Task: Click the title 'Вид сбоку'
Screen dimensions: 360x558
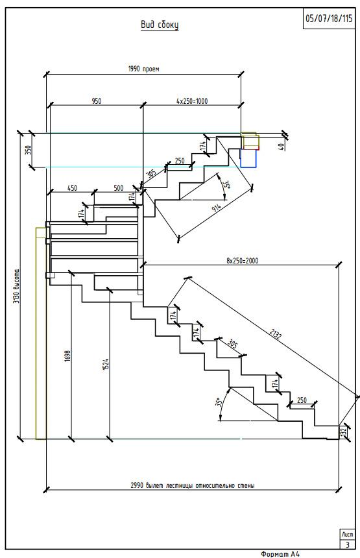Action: [x=160, y=25]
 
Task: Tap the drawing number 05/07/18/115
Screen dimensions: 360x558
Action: [x=329, y=19]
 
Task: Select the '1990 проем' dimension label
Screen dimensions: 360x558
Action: [x=144, y=69]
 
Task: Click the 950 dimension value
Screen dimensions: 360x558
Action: [x=97, y=101]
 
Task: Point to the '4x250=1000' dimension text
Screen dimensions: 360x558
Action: [x=192, y=101]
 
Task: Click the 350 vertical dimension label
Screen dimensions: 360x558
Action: [x=29, y=149]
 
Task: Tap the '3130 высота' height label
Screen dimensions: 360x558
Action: [x=16, y=286]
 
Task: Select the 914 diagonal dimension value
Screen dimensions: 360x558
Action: [x=217, y=208]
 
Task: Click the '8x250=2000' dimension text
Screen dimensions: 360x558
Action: [x=243, y=260]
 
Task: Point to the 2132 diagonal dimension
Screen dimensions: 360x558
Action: [x=276, y=334]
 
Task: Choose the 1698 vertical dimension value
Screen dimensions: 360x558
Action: [x=68, y=356]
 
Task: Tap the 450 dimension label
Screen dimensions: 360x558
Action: [x=72, y=188]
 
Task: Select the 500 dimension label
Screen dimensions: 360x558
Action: [x=119, y=188]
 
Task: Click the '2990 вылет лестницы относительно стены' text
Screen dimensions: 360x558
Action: [x=193, y=485]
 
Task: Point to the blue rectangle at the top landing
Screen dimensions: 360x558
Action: [x=248, y=158]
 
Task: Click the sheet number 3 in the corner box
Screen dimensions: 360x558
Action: [x=348, y=545]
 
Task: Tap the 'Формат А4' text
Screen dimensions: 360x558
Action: [x=280, y=553]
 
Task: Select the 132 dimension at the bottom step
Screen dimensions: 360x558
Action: [x=344, y=432]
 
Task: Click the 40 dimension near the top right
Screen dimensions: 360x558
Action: [x=281, y=147]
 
